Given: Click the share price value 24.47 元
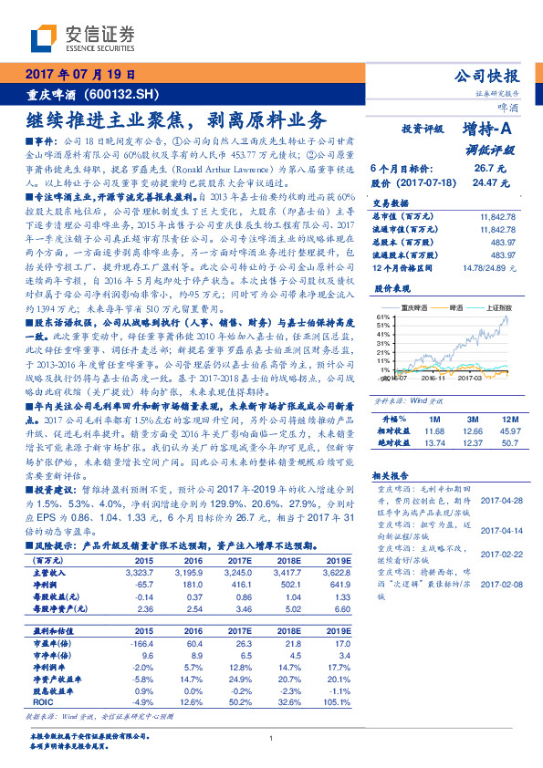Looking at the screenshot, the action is (488, 182).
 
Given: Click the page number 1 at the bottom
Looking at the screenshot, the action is (272, 739).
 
